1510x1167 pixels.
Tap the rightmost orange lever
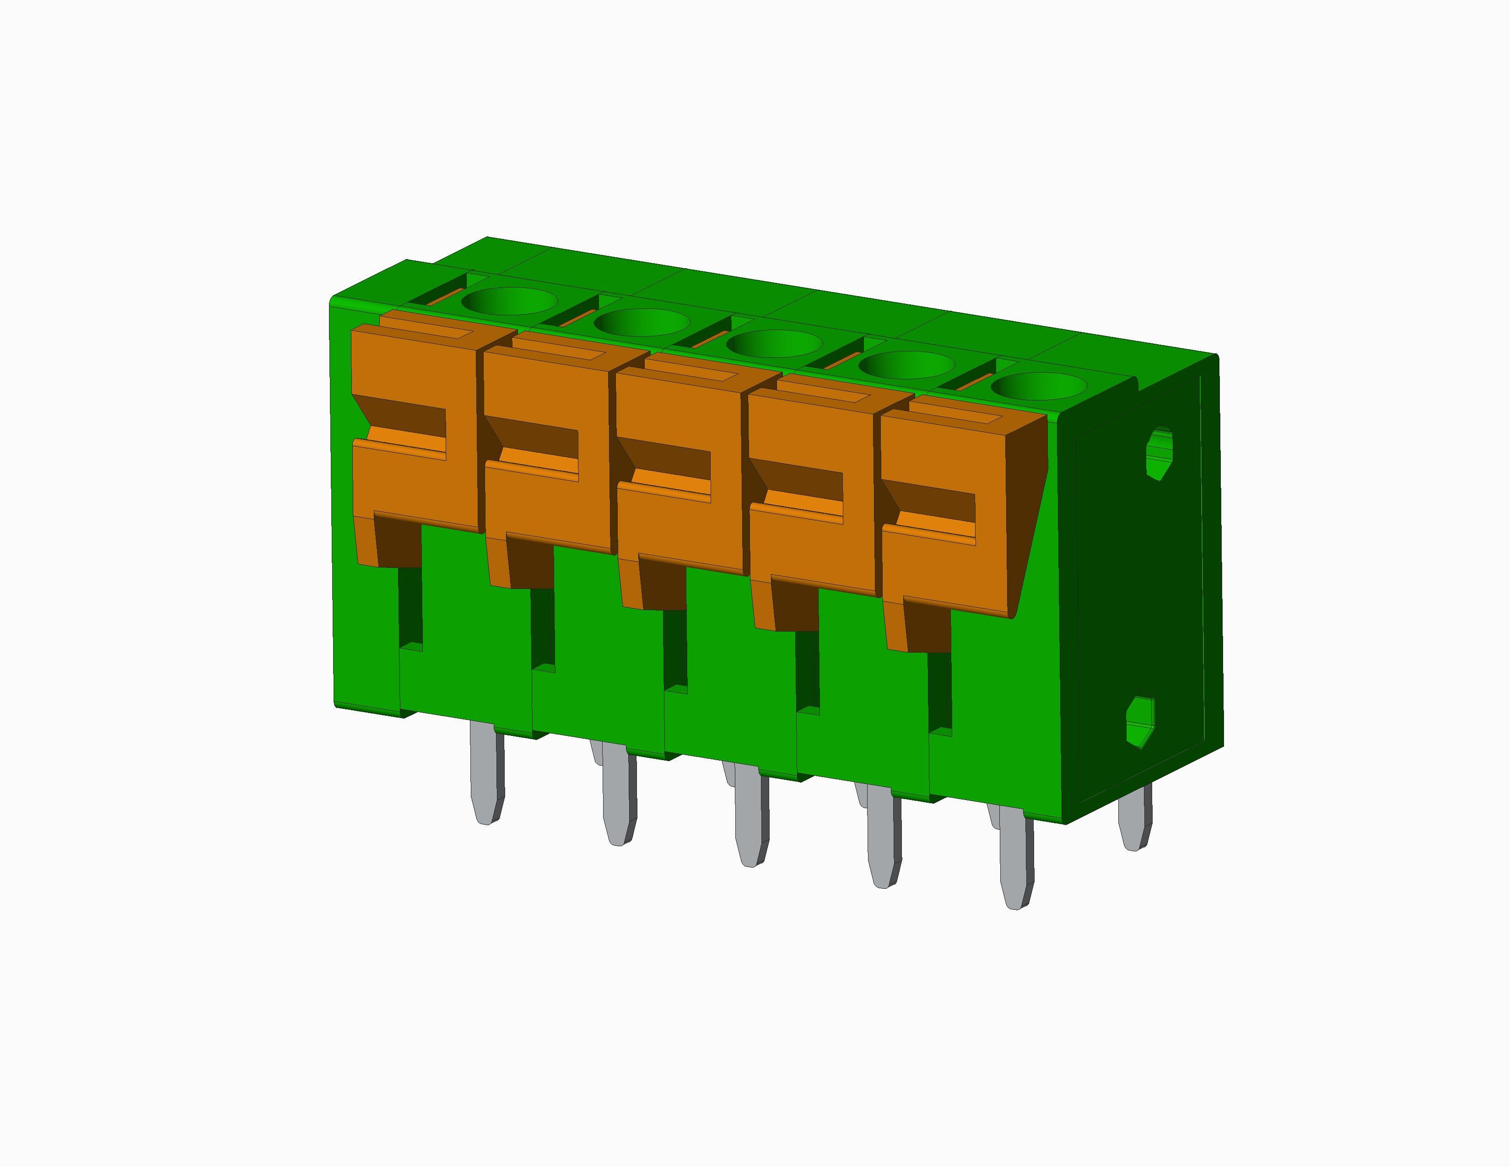tap(947, 567)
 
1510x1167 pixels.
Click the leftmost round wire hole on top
tap(510, 302)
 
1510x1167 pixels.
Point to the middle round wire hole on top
tap(775, 344)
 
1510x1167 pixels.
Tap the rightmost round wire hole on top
tap(1039, 386)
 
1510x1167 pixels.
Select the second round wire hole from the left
tap(642, 322)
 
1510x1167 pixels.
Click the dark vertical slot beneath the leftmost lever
tap(410, 605)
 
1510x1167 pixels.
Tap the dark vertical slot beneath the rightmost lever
tap(939, 692)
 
